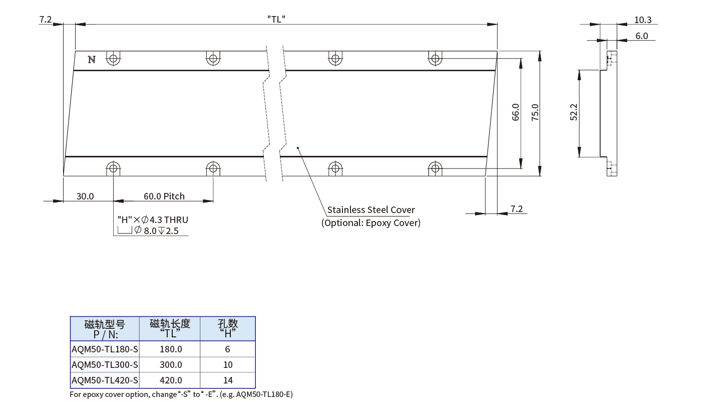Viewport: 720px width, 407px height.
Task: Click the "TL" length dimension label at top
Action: point(276,20)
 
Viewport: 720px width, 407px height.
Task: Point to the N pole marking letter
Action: point(92,60)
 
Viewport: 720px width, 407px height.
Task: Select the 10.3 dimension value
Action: point(642,20)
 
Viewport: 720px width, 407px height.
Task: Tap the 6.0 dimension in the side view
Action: point(641,36)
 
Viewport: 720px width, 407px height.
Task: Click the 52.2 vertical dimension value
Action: point(574,112)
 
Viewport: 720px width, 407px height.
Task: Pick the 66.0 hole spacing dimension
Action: point(515,112)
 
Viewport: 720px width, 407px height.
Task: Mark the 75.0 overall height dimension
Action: point(535,112)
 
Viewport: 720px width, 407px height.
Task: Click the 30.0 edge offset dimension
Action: point(85,196)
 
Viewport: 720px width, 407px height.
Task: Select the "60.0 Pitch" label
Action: point(164,196)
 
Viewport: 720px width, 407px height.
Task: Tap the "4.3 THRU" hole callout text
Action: point(169,220)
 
